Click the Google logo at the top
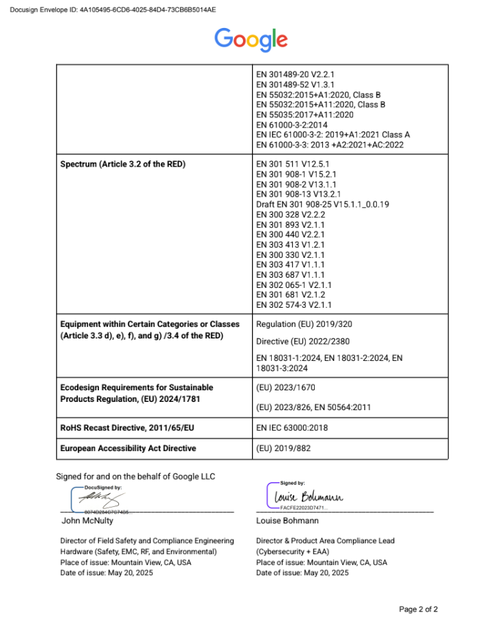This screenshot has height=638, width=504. (x=251, y=39)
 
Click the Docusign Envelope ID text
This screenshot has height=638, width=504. (x=113, y=10)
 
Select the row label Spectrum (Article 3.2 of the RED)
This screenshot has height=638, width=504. (x=123, y=164)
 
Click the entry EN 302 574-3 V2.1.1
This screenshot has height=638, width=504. (x=294, y=304)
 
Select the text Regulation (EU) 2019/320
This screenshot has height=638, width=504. (x=304, y=324)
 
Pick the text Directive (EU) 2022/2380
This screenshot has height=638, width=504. (x=303, y=340)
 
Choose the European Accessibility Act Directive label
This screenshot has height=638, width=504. (x=128, y=448)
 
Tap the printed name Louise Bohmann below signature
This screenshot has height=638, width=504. (x=287, y=521)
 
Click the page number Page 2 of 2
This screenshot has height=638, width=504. (x=418, y=609)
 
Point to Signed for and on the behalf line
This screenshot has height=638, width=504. (x=135, y=476)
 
